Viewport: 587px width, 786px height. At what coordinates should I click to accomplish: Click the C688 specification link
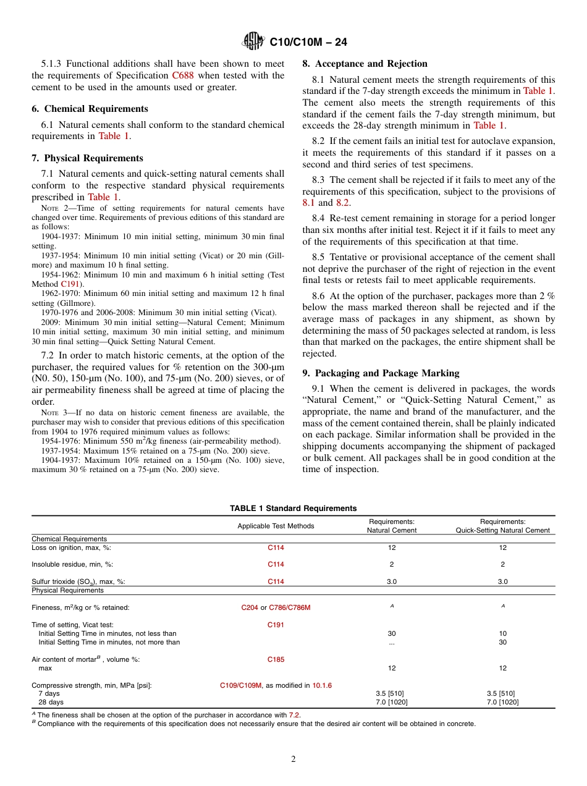(x=182, y=75)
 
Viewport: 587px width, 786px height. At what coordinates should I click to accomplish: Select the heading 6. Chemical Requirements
(x=90, y=109)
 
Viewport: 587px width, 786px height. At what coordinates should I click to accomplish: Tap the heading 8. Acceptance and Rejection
(x=365, y=64)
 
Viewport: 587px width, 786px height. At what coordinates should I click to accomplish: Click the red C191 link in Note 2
(x=69, y=284)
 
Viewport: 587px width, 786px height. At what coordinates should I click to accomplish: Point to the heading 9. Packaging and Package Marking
(x=381, y=373)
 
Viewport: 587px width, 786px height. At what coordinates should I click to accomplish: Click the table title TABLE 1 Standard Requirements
(x=293, y=509)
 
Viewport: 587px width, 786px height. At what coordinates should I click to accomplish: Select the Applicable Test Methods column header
(x=276, y=526)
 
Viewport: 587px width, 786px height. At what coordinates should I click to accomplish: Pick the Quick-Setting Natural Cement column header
(x=502, y=526)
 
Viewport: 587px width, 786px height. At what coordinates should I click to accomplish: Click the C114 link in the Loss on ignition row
(x=276, y=547)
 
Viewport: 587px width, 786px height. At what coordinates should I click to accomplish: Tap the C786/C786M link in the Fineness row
(x=290, y=607)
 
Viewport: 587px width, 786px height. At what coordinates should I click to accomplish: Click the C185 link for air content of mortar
(x=276, y=659)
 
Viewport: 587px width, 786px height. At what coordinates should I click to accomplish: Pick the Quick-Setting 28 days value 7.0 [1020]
(x=502, y=702)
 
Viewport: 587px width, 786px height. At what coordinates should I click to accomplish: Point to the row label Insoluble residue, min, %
(x=72, y=564)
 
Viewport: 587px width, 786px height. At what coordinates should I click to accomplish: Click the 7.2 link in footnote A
(x=294, y=715)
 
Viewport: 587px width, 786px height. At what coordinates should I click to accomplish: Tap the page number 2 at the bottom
(x=293, y=759)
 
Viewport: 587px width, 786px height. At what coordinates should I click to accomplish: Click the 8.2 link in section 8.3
(x=343, y=203)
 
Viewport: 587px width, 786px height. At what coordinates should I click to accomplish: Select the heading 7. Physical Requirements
(x=87, y=158)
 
